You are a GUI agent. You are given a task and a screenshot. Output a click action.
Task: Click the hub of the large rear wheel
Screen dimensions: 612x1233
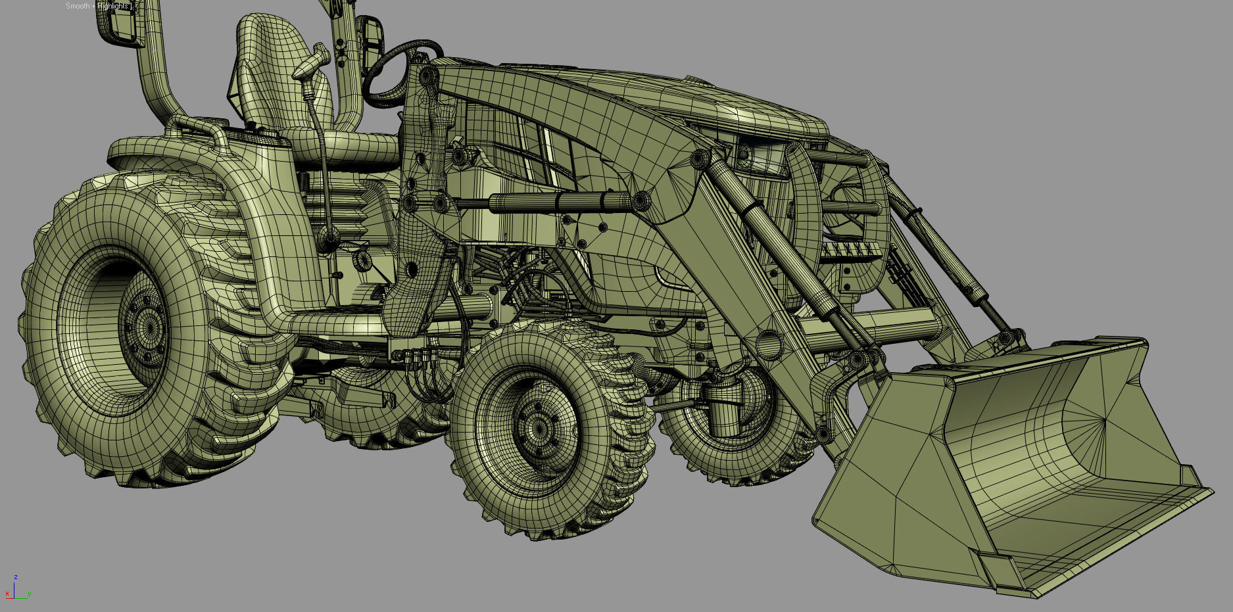pyautogui.click(x=144, y=325)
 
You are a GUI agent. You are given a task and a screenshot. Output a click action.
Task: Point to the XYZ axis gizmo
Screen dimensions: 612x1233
pyautogui.click(x=16, y=590)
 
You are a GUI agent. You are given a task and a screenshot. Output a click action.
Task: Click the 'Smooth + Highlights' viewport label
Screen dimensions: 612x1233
pyautogui.click(x=99, y=6)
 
